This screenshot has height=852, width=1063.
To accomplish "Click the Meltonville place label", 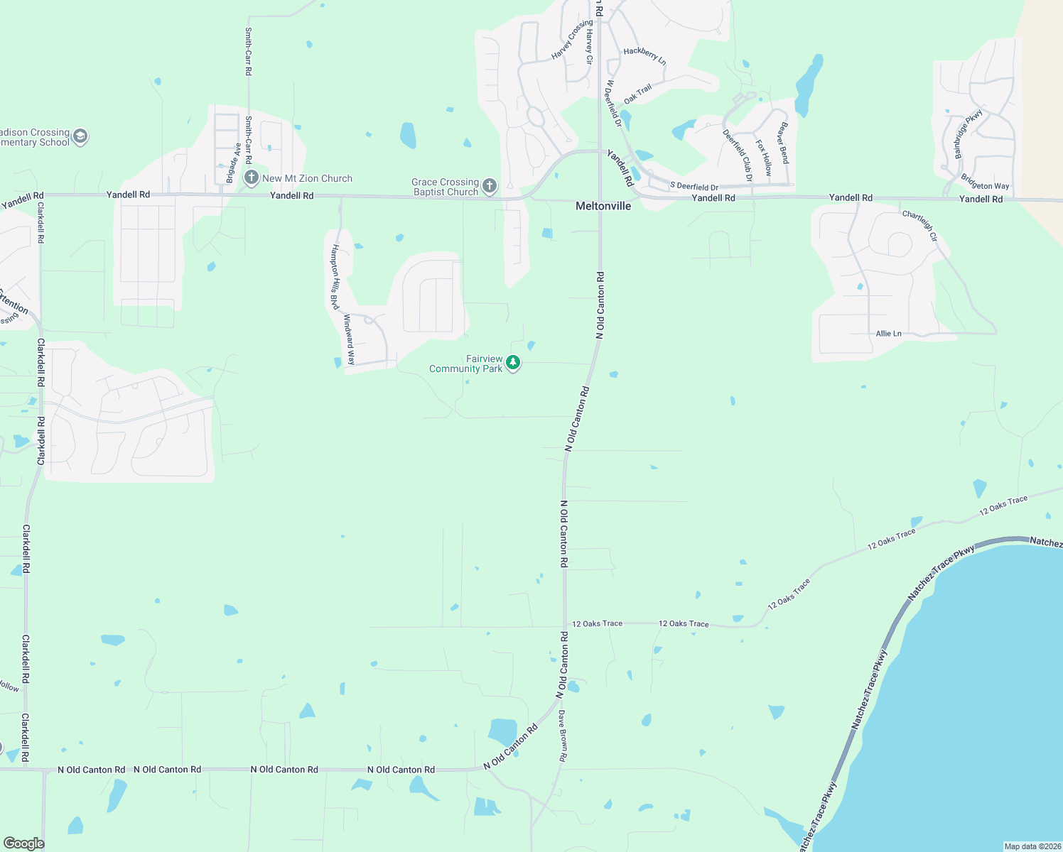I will [603, 206].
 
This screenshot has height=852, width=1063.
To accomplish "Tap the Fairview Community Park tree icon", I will [513, 364].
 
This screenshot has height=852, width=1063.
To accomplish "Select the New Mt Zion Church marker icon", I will [251, 177].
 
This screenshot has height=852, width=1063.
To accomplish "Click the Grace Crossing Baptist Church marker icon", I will [489, 187].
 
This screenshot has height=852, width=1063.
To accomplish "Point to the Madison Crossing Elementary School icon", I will [80, 136].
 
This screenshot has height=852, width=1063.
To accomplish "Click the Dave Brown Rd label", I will [562, 736].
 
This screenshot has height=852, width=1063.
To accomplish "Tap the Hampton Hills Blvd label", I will [334, 277].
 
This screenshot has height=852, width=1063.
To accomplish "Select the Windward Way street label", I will [349, 340].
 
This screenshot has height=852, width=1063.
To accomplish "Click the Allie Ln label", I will [888, 333].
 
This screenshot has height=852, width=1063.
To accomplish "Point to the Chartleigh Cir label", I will [920, 225].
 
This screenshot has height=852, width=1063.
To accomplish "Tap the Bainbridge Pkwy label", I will [968, 133].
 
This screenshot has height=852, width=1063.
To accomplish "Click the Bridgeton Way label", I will [985, 182].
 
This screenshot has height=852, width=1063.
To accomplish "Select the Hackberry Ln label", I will [644, 55].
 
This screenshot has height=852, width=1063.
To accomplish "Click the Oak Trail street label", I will [637, 94].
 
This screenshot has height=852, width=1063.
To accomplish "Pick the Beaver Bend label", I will [783, 143].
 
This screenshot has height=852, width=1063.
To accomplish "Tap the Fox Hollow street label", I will [763, 157].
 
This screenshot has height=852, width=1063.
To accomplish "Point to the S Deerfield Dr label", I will [694, 187].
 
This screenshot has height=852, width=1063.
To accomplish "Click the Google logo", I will [23, 843].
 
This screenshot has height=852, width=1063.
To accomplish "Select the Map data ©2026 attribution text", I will [1032, 846].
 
